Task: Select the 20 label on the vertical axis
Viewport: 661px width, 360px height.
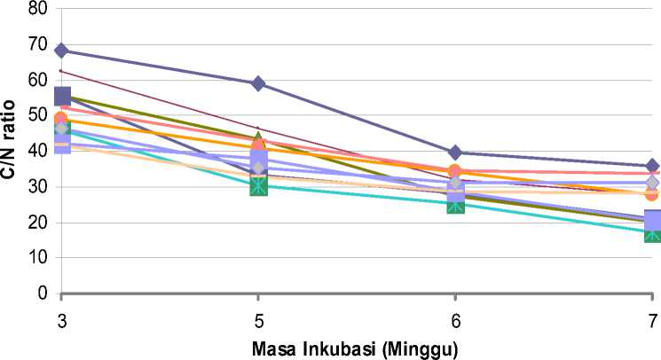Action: pos(36,222)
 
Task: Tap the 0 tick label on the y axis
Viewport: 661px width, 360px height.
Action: pos(41,293)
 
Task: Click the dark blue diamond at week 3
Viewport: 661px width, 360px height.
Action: pos(61,51)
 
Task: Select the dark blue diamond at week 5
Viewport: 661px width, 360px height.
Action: pos(258,83)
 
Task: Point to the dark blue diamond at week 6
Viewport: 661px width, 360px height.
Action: pos(455,153)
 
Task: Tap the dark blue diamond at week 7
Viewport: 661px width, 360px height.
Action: pos(652,167)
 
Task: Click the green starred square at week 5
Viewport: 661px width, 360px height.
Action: pos(258,185)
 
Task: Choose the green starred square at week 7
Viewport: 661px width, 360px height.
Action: pos(652,233)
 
